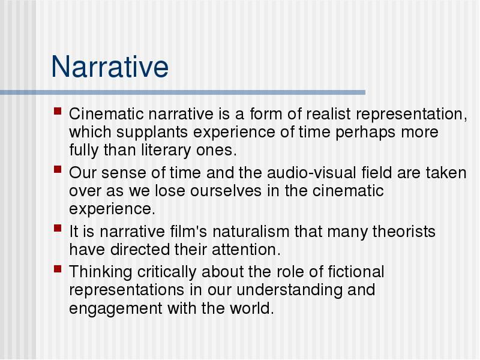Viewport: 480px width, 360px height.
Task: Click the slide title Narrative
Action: coord(110,67)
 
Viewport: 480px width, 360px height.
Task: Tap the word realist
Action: coord(328,114)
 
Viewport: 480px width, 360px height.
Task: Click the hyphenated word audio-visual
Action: coord(311,173)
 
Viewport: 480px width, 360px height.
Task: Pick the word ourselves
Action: coord(226,191)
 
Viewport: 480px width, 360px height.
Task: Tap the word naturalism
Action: coord(251,232)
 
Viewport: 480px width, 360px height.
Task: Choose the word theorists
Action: coord(404,232)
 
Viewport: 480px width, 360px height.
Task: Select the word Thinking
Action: coord(100,272)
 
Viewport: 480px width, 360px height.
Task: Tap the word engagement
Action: coord(115,309)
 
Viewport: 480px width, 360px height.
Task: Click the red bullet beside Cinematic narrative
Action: coord(58,110)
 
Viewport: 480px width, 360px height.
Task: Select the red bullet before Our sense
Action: coord(58,169)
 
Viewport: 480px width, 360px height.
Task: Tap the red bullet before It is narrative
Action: coord(58,228)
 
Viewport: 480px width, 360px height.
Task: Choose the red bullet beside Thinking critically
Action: coord(58,269)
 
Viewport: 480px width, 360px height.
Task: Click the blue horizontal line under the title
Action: coord(182,92)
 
